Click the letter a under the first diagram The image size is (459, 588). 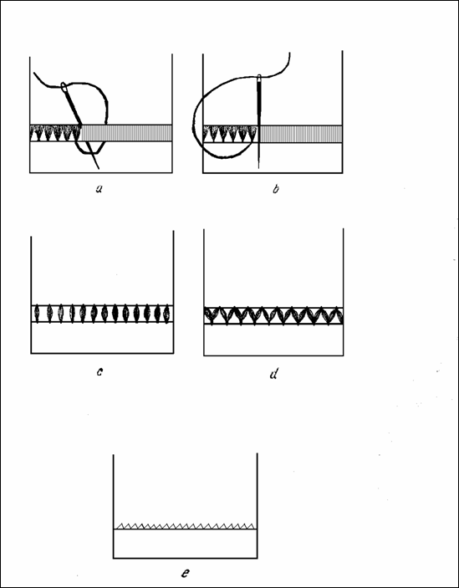pos(99,189)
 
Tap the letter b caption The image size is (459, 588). pos(276,189)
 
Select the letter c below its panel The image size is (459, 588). pos(99,372)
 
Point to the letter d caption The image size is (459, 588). pos(274,374)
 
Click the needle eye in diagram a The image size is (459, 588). pos(64,86)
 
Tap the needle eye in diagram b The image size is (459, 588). pos(259,79)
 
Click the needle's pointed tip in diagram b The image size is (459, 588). pos(258,167)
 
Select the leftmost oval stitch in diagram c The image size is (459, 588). pos(37,314)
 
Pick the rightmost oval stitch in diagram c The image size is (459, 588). pos(166,314)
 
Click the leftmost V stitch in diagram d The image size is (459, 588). pos(212,316)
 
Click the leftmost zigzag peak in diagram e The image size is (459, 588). pos(120,524)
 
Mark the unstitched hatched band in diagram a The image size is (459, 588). pos(126,133)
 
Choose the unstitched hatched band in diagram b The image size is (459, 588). pos(301,134)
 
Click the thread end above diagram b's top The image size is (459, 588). pos(289,54)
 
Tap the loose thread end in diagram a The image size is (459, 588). pos(34,73)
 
